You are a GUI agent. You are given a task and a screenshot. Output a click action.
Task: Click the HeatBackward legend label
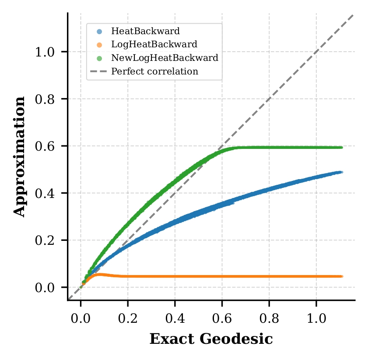click(x=139, y=31)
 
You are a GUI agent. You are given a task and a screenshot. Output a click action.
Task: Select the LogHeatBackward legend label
click(x=148, y=44)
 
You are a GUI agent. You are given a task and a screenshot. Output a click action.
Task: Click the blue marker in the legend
click(x=99, y=32)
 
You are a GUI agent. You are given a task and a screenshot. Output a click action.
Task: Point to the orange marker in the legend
click(x=99, y=45)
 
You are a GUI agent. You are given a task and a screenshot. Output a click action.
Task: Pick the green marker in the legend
click(x=99, y=58)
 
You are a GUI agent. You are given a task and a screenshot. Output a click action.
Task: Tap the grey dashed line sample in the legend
click(x=99, y=71)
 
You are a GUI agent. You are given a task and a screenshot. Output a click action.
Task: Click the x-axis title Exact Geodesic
click(x=211, y=339)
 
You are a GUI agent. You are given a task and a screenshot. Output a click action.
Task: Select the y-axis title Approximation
click(x=19, y=157)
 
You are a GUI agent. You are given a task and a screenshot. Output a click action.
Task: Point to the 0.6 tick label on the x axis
click(x=222, y=317)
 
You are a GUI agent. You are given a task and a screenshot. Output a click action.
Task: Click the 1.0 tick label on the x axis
click(x=316, y=317)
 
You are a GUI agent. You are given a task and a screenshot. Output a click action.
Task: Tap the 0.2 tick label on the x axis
click(x=128, y=317)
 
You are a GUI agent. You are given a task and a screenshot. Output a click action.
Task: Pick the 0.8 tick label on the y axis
click(x=45, y=99)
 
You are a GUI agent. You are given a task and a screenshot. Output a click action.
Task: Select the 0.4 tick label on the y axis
click(x=45, y=193)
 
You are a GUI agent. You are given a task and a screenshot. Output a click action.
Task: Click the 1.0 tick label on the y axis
click(x=45, y=52)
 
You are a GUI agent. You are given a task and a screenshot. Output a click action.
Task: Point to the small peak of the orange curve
click(x=100, y=275)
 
